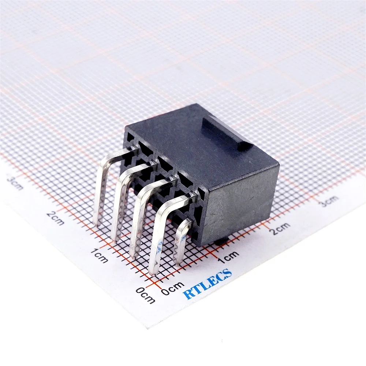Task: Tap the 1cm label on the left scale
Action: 99,255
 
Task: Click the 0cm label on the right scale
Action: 173,288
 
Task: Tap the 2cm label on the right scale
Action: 280,228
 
